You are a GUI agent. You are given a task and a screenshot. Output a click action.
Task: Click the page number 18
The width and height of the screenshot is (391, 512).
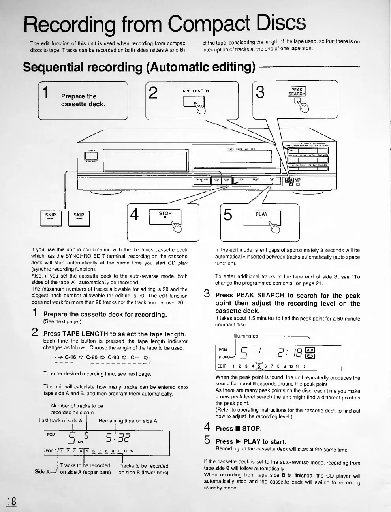(x=11, y=501)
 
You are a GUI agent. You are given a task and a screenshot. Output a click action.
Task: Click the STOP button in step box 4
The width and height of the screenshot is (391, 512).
(x=165, y=217)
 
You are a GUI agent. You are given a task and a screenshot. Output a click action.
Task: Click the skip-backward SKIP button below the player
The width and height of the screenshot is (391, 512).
(x=51, y=218)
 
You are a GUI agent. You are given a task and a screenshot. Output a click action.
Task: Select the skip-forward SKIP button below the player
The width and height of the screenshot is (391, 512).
(x=79, y=218)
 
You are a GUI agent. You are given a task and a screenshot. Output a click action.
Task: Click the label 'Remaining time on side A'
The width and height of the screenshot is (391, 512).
(x=128, y=421)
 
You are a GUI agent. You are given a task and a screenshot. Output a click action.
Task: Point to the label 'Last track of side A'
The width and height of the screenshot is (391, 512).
(x=60, y=421)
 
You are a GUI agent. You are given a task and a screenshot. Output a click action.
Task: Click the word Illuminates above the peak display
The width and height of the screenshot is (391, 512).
(x=246, y=336)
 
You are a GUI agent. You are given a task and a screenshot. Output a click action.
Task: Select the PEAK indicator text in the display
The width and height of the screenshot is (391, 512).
(x=224, y=357)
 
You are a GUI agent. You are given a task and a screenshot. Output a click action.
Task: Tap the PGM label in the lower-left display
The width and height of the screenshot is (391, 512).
(x=51, y=435)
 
